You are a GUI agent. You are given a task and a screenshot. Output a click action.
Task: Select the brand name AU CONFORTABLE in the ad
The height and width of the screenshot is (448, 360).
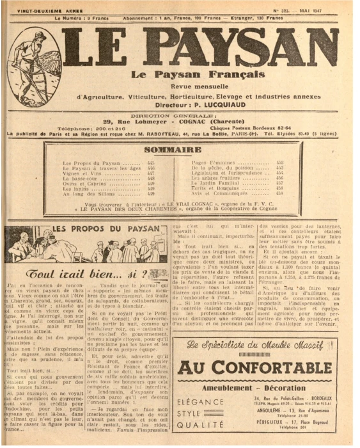[x=262, y=367]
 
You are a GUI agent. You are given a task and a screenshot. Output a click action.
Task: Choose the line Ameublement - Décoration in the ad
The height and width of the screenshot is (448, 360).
[x=262, y=388]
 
